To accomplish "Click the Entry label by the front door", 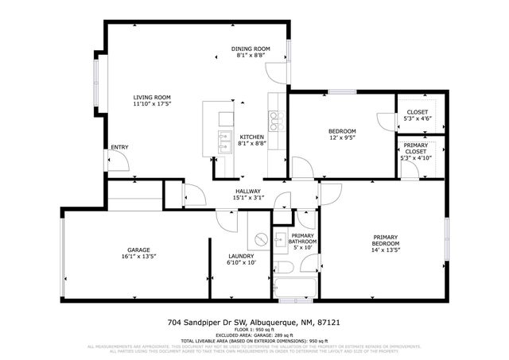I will [x=119, y=147].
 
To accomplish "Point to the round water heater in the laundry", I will [x=260, y=240].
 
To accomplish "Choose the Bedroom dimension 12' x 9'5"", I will [x=342, y=137].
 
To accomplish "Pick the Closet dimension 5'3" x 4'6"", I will [x=417, y=118].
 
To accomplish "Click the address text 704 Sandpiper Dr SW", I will [x=209, y=323].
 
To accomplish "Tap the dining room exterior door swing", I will [x=274, y=74].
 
